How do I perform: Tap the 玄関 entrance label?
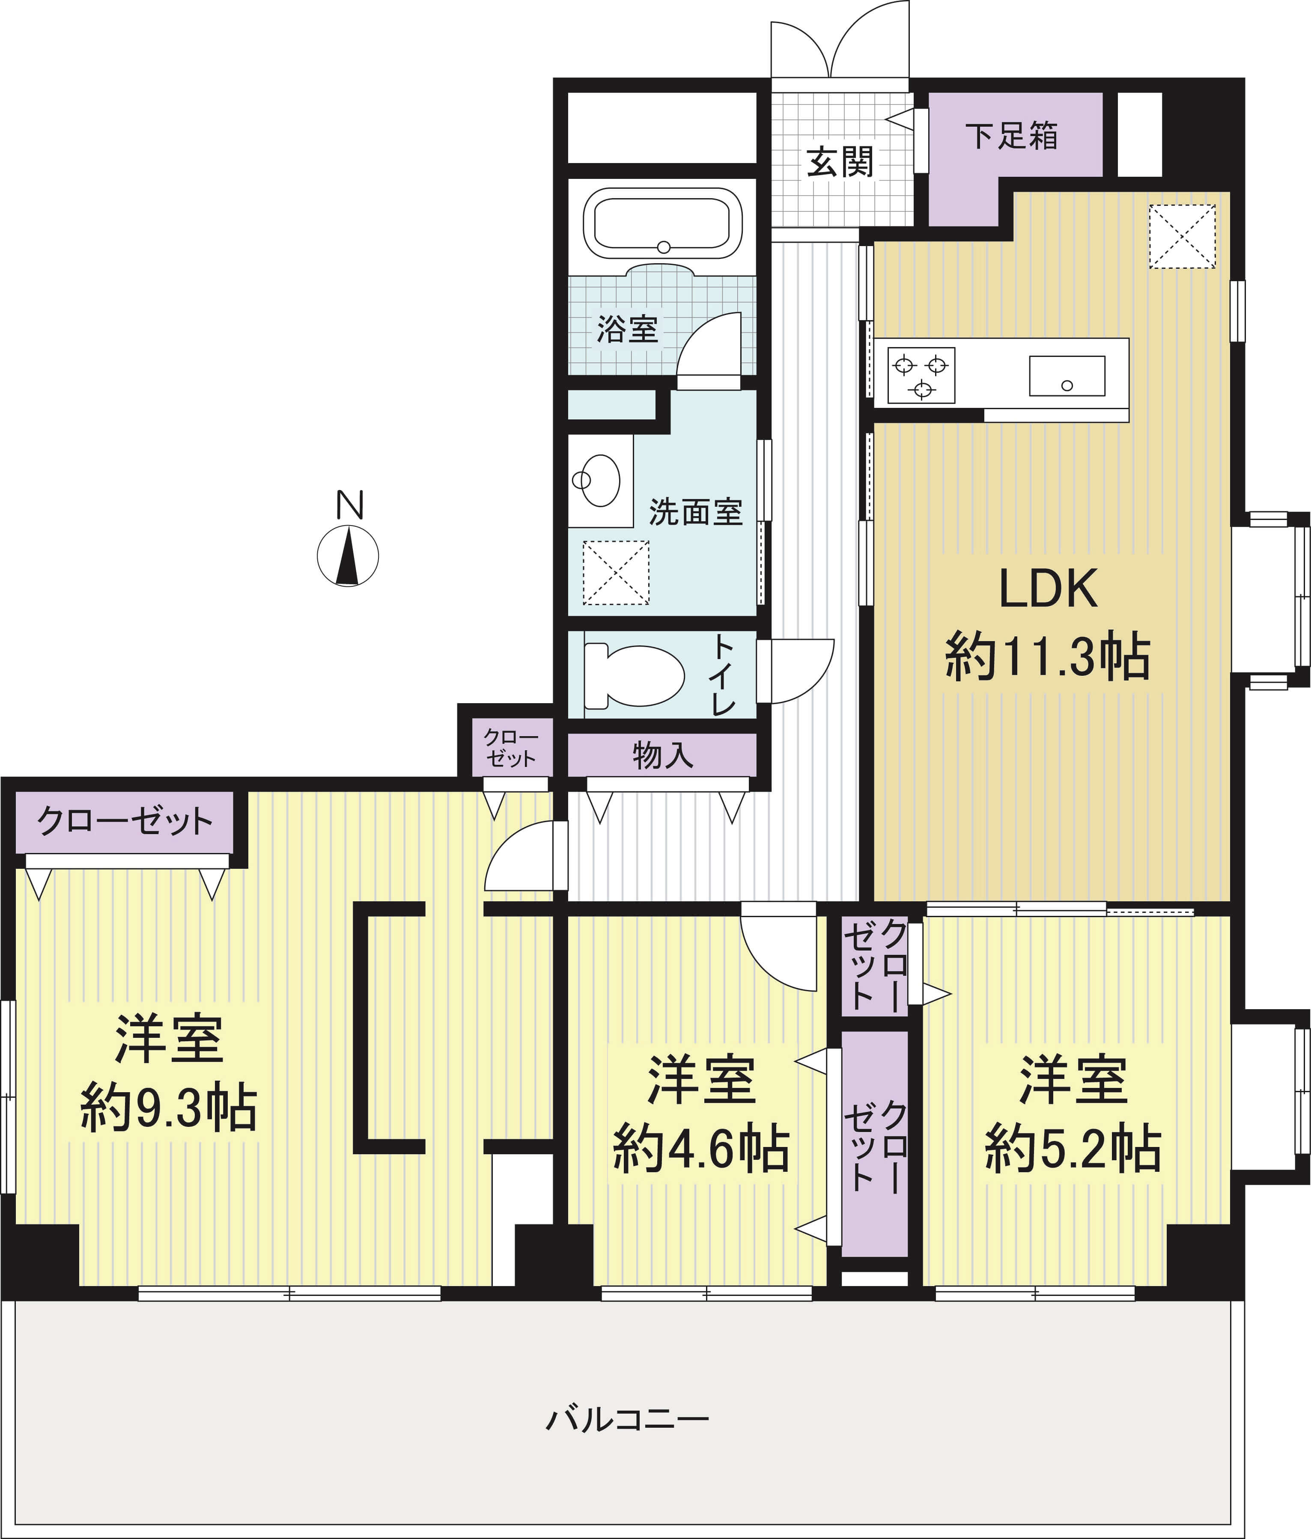point(840,162)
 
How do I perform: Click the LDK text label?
point(1048,588)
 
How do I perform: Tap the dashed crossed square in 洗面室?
point(615,572)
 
